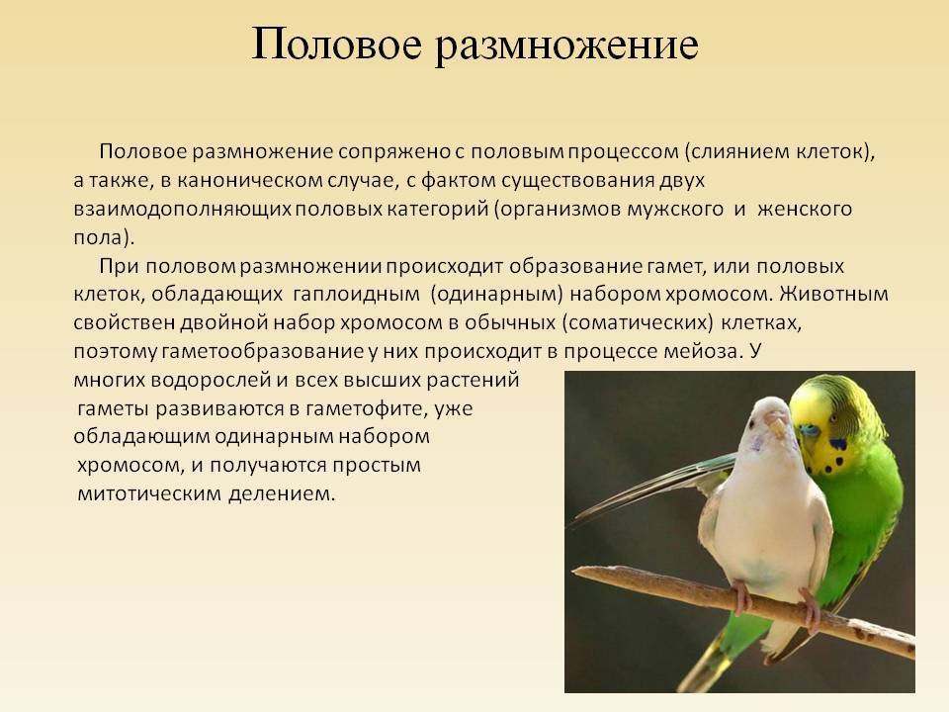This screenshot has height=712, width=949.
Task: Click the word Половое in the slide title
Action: tap(336, 44)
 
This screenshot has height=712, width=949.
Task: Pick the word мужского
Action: tap(675, 210)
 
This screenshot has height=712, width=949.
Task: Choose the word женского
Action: tap(805, 210)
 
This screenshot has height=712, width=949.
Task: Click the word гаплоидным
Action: tap(357, 295)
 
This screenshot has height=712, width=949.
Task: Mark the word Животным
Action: tap(833, 295)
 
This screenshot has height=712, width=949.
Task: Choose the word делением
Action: tap(282, 494)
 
